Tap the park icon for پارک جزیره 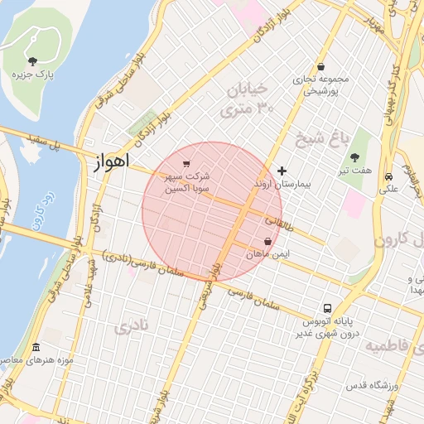tap(32, 60)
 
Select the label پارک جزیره tap(33, 75)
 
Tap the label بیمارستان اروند tap(283, 184)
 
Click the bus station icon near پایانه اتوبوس tap(329, 307)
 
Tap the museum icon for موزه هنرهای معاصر tap(35, 348)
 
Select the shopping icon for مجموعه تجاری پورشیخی tap(320, 67)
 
